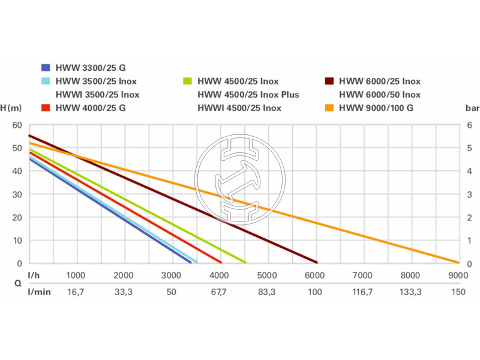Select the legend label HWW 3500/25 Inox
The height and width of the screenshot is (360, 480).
point(97,81)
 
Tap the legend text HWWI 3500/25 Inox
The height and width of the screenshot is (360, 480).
point(97,95)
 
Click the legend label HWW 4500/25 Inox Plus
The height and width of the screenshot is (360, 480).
point(248,95)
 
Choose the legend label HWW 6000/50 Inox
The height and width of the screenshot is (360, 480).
point(380,95)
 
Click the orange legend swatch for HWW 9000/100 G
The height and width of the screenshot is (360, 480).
point(329,108)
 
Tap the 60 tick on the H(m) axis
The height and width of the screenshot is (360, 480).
point(17,125)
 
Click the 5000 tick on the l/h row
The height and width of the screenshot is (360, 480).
point(266,275)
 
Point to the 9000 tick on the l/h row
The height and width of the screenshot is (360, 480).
point(458,275)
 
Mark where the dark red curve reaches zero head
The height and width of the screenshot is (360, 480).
point(316,263)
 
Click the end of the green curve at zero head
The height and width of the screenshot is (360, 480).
point(245,263)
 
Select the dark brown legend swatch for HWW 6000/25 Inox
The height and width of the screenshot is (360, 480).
point(329,81)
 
